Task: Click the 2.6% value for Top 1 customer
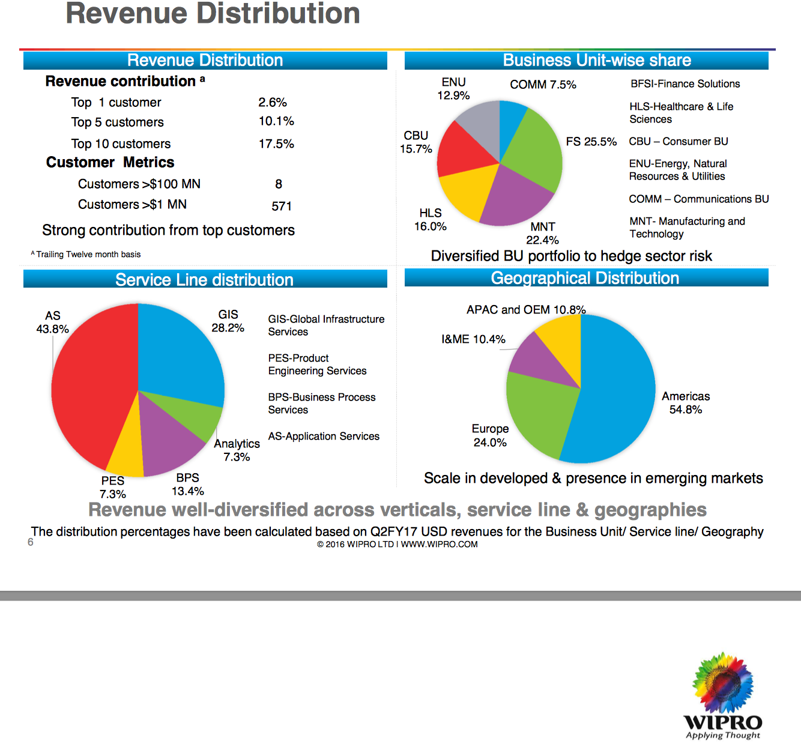273,103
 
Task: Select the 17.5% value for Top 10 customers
276,144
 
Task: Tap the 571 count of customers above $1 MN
282,207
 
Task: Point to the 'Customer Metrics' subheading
110,163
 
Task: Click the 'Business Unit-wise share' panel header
586,61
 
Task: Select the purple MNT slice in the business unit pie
513,198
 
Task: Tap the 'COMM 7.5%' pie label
543,85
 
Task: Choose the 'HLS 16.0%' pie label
431,220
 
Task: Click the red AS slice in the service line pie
90,384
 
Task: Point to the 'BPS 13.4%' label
188,485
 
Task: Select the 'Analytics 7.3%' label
237,450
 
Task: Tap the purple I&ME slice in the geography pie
537,360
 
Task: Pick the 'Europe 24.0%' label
490,436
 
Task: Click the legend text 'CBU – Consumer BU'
679,142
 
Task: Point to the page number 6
31,542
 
